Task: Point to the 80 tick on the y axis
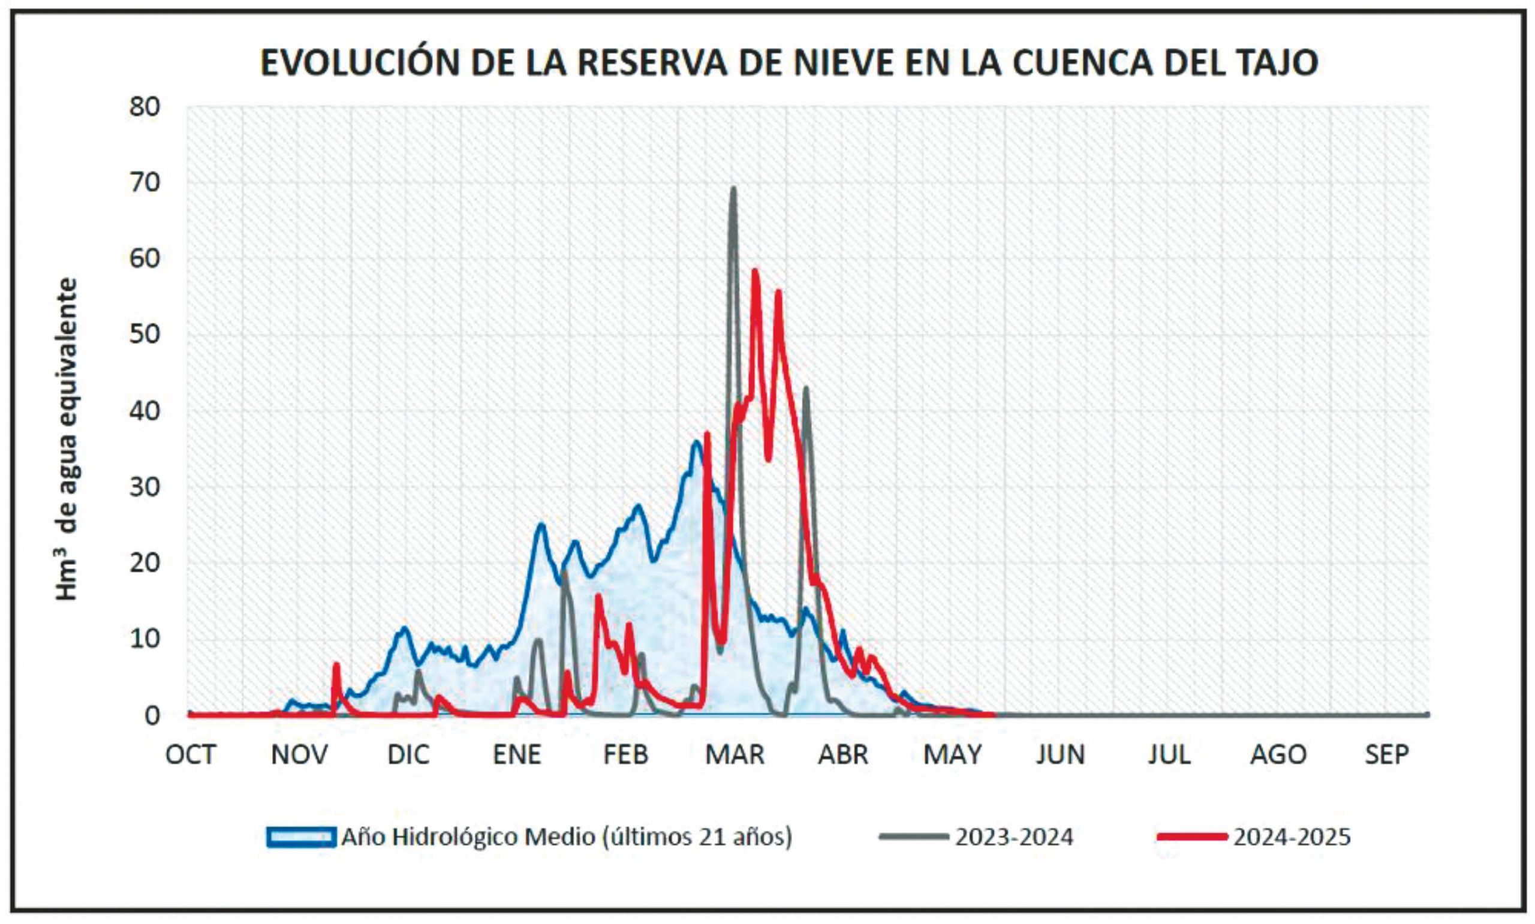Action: (x=145, y=107)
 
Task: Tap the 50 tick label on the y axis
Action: (x=145, y=335)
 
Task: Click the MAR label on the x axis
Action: (x=735, y=755)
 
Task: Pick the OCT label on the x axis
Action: (x=191, y=755)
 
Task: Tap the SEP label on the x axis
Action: (x=1386, y=755)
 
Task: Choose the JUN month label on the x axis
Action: (x=1060, y=755)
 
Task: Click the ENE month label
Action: (x=517, y=755)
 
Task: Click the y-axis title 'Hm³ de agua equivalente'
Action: (x=67, y=439)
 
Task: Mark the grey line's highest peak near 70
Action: (x=733, y=189)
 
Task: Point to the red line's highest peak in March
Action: (x=755, y=272)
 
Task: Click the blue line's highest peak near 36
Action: (x=696, y=443)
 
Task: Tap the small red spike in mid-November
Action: (x=336, y=665)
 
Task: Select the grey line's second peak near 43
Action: (x=806, y=389)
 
